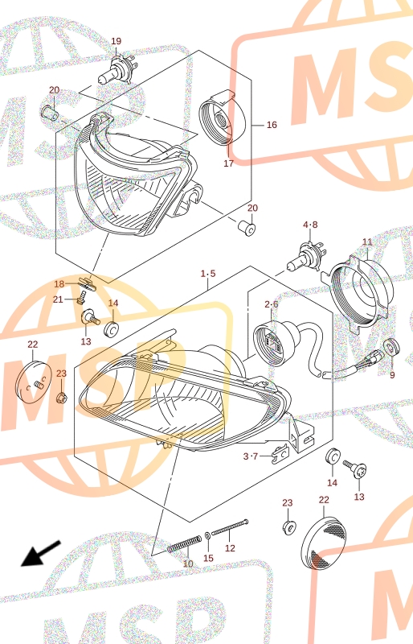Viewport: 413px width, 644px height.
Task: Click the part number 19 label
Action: click(116, 41)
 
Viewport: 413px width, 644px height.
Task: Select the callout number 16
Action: click(272, 125)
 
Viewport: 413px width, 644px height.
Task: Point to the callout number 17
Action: click(228, 163)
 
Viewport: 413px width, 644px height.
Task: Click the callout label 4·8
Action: click(310, 225)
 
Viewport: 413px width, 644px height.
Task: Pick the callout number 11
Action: click(367, 242)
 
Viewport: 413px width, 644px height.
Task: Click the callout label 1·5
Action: click(208, 274)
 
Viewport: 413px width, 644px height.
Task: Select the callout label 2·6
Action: click(271, 304)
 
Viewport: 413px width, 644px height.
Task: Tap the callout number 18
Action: click(59, 284)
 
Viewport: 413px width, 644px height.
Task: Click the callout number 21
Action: click(58, 299)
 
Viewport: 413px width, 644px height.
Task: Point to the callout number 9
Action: click(392, 375)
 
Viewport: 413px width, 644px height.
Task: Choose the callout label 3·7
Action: click(250, 456)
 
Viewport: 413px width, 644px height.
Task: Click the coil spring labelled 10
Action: click(185, 544)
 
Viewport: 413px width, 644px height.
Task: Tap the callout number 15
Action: click(208, 558)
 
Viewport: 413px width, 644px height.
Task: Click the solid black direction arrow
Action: click(41, 554)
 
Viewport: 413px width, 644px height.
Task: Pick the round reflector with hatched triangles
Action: click(324, 543)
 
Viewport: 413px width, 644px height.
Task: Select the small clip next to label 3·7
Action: click(280, 452)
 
